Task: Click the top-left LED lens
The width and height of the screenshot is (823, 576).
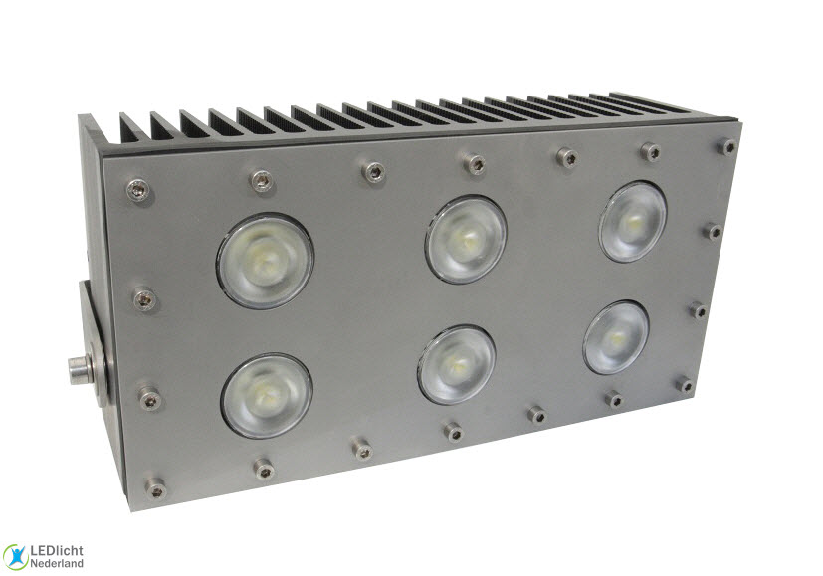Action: coord(265,261)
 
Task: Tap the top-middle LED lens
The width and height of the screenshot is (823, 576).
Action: coord(466,239)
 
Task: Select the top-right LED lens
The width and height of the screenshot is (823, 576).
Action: coord(633,221)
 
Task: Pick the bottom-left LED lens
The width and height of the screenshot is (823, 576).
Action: coord(267,395)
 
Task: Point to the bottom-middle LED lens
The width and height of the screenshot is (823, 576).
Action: coord(457,364)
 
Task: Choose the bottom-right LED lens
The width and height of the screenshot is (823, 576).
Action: coord(616,337)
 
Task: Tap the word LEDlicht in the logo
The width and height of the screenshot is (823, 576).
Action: coord(57,550)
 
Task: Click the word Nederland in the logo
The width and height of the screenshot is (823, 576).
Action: coord(58,564)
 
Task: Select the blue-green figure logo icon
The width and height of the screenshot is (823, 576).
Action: coord(15,557)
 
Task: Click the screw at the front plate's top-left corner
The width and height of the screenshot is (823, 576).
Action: coord(137,186)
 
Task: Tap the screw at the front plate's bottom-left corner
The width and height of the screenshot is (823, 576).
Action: coord(155,487)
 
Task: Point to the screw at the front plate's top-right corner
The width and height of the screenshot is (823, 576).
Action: coord(728,147)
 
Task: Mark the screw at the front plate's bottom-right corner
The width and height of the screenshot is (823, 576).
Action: coord(685,384)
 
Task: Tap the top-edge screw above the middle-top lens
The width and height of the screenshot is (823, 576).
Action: coord(477,163)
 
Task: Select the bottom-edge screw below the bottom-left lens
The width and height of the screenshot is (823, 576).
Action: coord(264,467)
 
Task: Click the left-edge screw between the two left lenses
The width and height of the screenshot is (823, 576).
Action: coord(144,297)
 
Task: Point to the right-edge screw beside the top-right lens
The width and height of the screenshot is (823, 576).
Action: coord(713,231)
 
